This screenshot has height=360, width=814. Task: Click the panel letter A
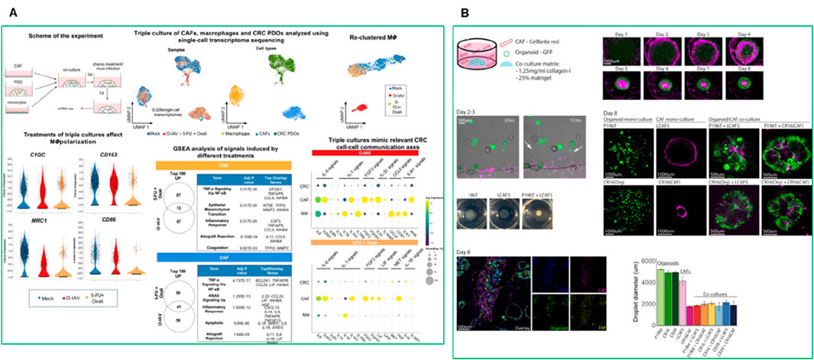[x=13, y=13]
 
